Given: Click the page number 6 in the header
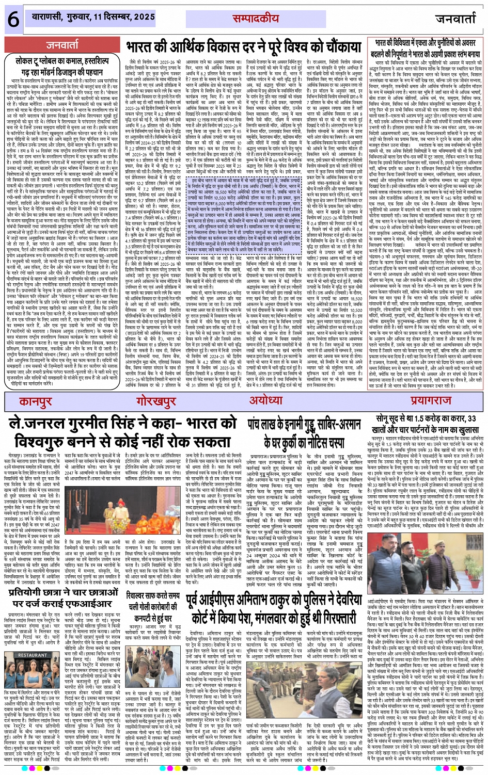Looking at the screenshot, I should pyautogui.click(x=12, y=20).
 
